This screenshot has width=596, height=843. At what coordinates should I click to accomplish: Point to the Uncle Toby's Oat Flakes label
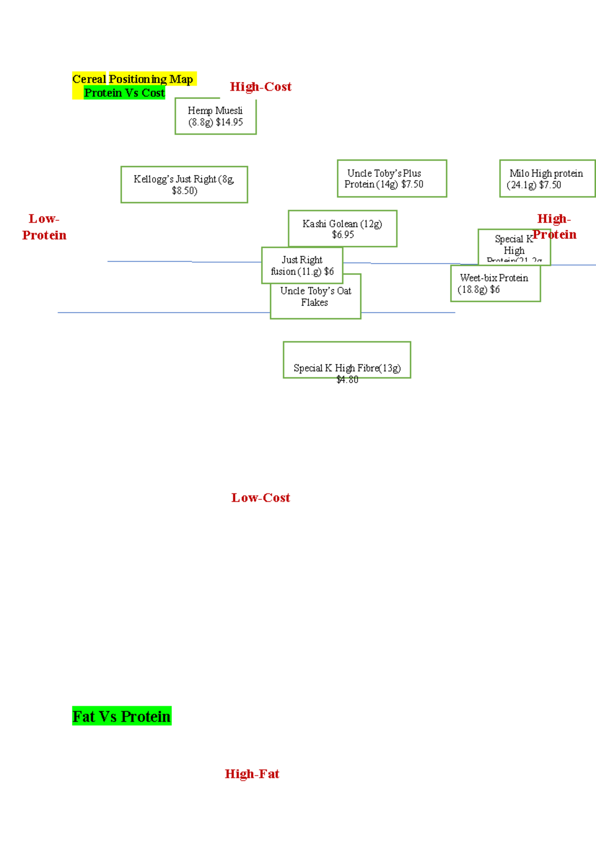coord(315,296)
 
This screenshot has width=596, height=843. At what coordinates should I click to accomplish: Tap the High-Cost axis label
coord(260,87)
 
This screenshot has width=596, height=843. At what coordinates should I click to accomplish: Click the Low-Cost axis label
coord(260,498)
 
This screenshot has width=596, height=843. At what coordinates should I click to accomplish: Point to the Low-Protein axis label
coord(44,227)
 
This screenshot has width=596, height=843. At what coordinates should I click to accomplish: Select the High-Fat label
coord(252,774)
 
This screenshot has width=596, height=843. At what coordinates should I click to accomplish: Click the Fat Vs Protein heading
coord(122,716)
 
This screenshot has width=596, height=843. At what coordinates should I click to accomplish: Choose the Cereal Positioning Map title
coord(133,79)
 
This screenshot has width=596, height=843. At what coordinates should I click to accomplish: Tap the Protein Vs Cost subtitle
coord(124,93)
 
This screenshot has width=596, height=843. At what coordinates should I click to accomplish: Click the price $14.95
coord(229,122)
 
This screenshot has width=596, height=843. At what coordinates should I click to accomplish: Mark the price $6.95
coord(343,235)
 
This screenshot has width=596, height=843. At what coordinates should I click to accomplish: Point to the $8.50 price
coord(184,191)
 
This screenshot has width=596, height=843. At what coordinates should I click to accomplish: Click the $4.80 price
coord(347,380)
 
